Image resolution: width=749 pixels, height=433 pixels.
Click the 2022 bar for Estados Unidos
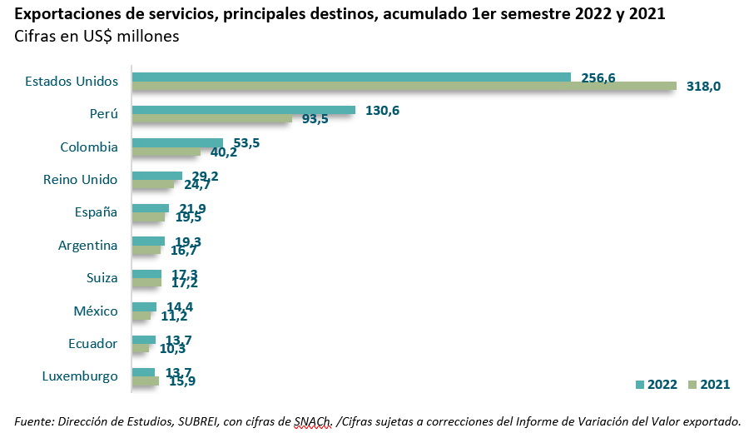pos(351,77)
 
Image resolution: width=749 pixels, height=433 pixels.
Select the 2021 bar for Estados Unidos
pos(404,86)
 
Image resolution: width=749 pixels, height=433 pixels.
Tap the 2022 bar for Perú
pos(244,110)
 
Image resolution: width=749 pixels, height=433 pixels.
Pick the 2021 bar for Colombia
pos(166,152)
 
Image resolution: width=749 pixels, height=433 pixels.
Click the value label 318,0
pos(703,87)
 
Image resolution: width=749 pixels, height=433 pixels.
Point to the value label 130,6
pos(383,111)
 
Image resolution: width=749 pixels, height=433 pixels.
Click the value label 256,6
pos(598,77)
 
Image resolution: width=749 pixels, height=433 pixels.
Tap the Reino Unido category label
pos(80,180)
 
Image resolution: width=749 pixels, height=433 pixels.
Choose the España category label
pos(96,212)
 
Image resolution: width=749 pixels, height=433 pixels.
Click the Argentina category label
pos(87,246)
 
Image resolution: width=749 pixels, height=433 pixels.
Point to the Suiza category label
pos(102,278)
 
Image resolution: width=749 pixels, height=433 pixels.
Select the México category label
pos(96,311)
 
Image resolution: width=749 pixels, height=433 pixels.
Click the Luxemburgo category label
pos(80,376)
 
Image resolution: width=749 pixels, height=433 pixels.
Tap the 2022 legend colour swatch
pos(640,385)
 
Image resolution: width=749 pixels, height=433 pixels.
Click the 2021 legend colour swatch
pos(694,385)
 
